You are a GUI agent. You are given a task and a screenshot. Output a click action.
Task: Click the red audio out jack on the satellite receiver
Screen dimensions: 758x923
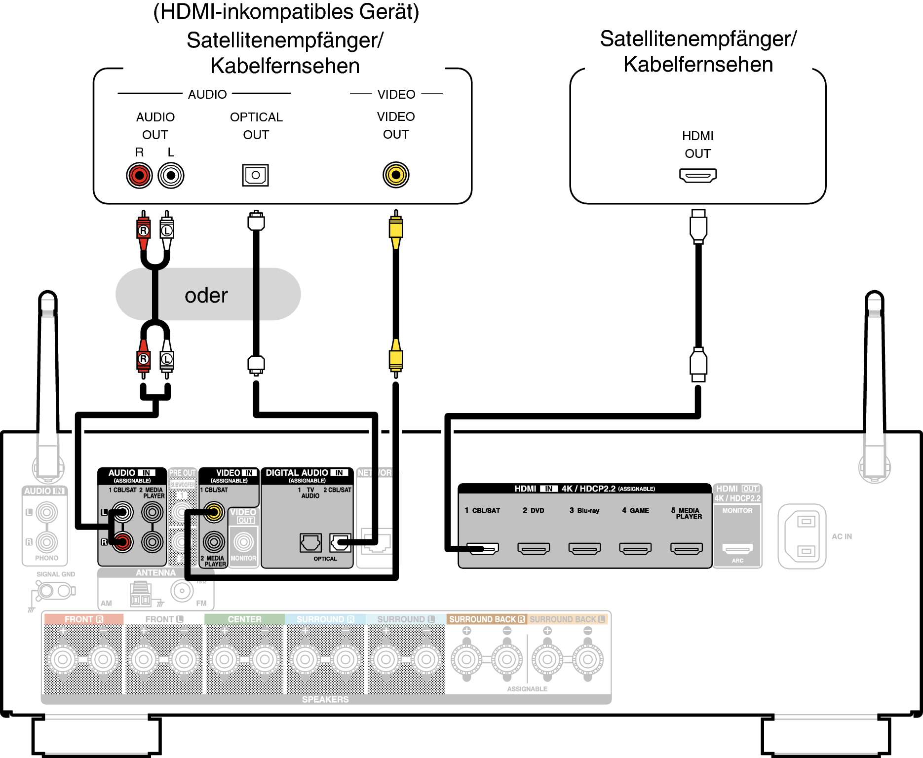click(139, 175)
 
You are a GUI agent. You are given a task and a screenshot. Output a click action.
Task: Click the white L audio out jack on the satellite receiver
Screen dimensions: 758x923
click(171, 175)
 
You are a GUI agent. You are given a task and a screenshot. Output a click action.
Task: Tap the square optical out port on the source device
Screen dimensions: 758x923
click(255, 175)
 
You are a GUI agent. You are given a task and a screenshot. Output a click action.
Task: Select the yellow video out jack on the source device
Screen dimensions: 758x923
click(396, 175)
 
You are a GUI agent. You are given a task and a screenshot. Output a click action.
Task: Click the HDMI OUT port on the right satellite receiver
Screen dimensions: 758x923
click(697, 175)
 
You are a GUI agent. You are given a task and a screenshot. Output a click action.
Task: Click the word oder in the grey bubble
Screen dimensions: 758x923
click(206, 295)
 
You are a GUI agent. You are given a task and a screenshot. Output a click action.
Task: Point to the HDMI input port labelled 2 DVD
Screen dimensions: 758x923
click(534, 548)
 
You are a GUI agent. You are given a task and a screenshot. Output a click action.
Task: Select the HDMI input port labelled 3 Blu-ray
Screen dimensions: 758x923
click(584, 548)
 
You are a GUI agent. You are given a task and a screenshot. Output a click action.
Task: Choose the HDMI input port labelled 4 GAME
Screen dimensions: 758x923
click(635, 548)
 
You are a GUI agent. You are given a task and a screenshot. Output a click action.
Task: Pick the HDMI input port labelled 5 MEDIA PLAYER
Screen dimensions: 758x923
click(686, 548)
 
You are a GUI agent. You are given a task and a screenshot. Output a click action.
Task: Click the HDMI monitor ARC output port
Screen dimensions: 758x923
click(737, 548)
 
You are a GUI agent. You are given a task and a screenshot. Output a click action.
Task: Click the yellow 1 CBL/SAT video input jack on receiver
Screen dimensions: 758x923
click(214, 512)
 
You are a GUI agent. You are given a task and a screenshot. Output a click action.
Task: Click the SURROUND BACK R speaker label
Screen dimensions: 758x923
click(487, 619)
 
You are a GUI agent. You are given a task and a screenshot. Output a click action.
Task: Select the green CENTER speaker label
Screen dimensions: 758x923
click(244, 619)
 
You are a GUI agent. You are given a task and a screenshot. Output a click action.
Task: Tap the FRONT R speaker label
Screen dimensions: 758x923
click(83, 619)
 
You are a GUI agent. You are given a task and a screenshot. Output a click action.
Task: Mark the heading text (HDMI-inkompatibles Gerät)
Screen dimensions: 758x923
click(286, 12)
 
